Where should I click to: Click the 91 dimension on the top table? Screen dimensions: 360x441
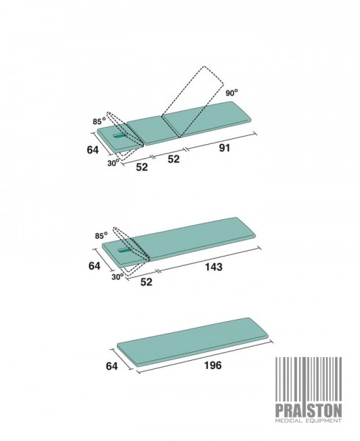(225, 148)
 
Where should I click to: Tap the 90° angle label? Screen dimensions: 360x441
(232, 93)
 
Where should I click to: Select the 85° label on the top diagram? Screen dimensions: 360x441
(99, 121)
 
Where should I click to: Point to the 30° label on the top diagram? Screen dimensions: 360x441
(113, 163)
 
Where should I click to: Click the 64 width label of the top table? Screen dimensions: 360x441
(93, 150)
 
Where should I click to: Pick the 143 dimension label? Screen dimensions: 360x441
(214, 267)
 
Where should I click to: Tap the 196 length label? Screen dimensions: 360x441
(213, 365)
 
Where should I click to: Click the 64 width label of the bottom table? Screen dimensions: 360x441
(112, 366)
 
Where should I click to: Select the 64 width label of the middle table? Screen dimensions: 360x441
(94, 265)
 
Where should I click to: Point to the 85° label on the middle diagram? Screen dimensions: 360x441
(101, 235)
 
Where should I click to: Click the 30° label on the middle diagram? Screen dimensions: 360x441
(118, 277)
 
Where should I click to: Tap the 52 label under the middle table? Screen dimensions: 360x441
(146, 282)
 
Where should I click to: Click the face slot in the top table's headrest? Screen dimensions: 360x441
(120, 136)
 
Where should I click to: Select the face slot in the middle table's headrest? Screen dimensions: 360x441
(125, 251)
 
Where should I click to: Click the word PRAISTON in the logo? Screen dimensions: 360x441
(309, 411)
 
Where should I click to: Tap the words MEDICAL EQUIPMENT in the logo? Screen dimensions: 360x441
(309, 420)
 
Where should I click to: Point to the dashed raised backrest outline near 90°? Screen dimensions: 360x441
(192, 102)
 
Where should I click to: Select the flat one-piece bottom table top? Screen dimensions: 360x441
(192, 342)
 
